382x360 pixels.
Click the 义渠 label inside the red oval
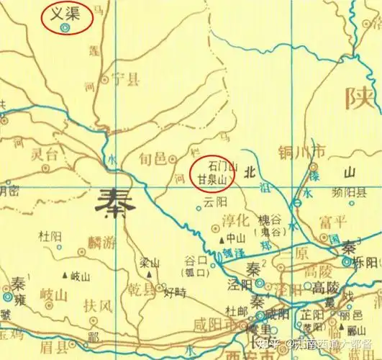click(65, 13)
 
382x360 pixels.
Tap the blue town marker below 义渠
click(65, 28)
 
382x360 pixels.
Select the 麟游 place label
click(99, 243)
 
